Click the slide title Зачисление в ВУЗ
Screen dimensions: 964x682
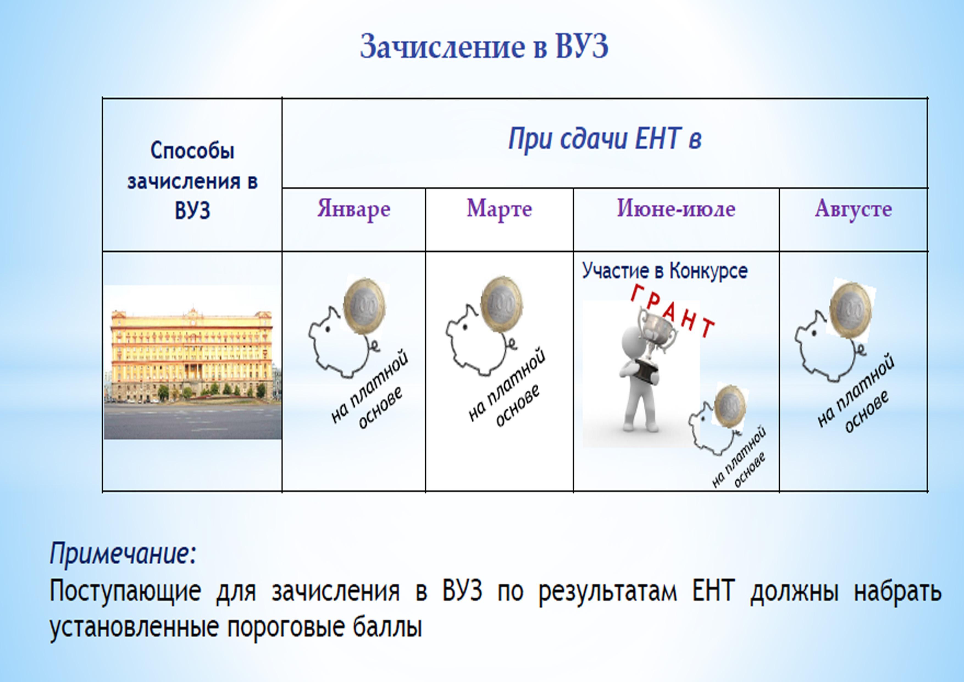click(x=484, y=46)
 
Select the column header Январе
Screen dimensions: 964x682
click(x=354, y=209)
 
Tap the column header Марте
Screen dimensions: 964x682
click(x=499, y=209)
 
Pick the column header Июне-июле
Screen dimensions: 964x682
click(x=676, y=209)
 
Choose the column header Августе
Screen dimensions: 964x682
click(x=853, y=209)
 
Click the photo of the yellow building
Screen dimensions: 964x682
click(x=192, y=362)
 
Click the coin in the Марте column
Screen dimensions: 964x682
click(x=501, y=304)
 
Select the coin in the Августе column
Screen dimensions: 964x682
click(x=851, y=310)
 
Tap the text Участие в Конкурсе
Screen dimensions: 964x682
click(x=665, y=271)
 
